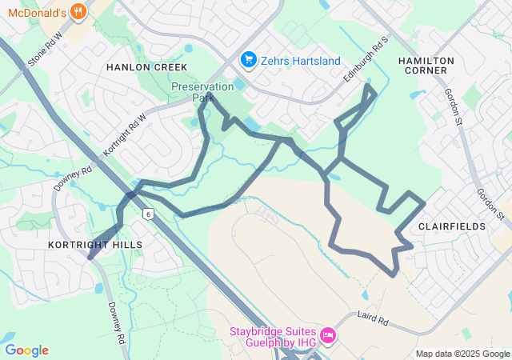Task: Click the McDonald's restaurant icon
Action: click(x=78, y=11)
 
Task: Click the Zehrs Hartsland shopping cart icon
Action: click(x=249, y=60)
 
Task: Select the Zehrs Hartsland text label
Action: click(x=301, y=61)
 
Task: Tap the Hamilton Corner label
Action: click(x=426, y=66)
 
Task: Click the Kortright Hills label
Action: click(x=94, y=244)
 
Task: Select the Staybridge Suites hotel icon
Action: click(x=326, y=334)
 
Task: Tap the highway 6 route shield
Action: click(x=148, y=214)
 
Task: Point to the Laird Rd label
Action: click(x=373, y=319)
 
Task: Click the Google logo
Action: click(x=26, y=350)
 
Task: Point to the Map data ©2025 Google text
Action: click(x=462, y=354)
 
